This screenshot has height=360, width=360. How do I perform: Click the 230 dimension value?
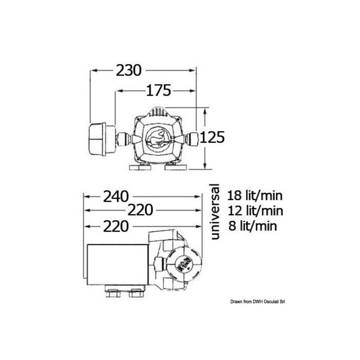click(128, 71)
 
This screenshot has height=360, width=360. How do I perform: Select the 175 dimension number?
click(159, 90)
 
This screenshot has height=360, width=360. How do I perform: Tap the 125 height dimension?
click(212, 138)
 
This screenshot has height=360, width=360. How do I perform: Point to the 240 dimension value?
click(116, 197)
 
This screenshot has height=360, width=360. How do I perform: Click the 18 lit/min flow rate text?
click(255, 196)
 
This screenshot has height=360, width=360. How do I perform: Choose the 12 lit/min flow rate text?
click(255, 211)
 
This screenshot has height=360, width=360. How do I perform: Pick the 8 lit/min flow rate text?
click(253, 226)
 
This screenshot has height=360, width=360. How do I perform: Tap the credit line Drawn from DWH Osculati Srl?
click(257, 302)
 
